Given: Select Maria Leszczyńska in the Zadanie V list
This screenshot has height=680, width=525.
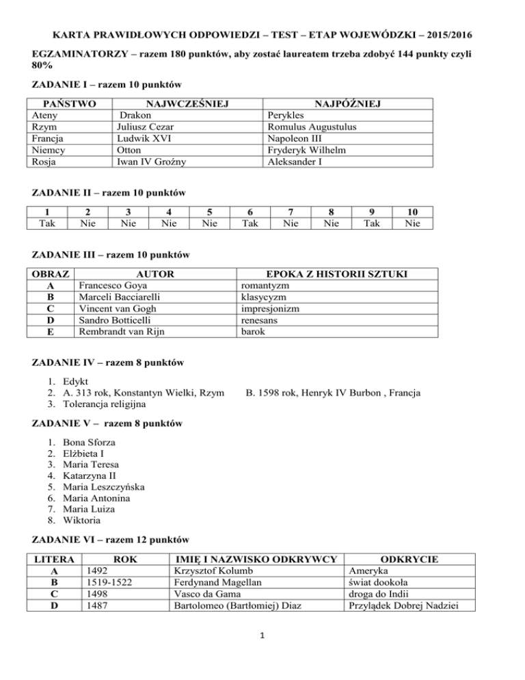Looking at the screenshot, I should point(103,486).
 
